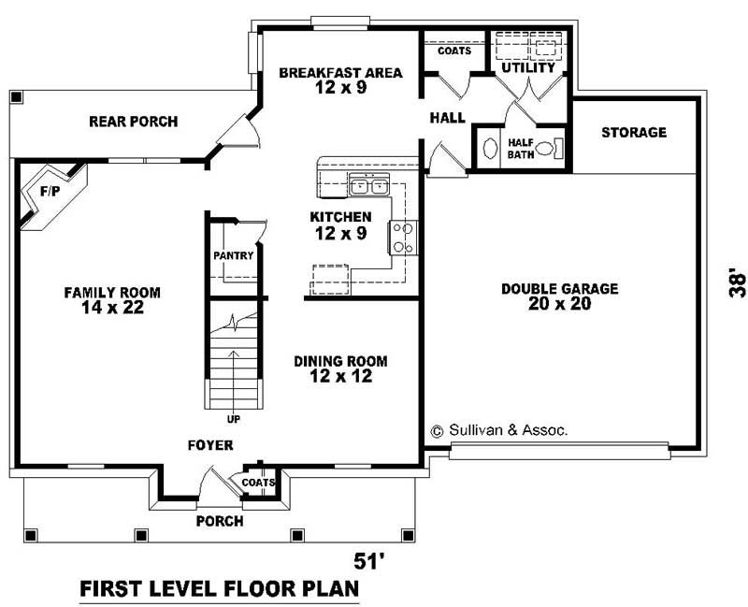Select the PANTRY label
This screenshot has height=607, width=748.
coord(234,255)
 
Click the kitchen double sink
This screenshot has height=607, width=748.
coord(369,187)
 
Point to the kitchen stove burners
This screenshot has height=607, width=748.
coord(403,238)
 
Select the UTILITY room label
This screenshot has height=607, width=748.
coord(528,68)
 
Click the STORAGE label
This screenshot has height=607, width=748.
coord(633,132)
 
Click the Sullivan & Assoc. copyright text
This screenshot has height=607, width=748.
coord(498,430)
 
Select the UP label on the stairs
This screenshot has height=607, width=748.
coord(233,418)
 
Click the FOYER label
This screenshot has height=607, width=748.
coord(210,445)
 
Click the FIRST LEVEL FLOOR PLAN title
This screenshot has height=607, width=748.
coord(219,590)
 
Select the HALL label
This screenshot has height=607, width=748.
coord(448,118)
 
